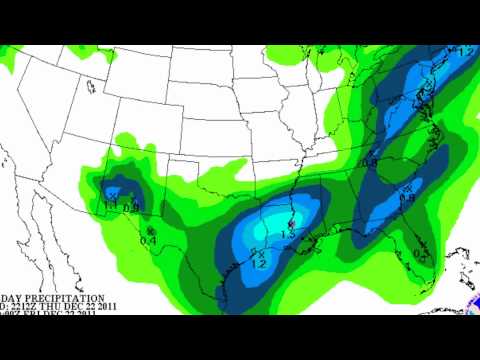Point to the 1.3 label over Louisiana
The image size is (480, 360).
coord(289,231)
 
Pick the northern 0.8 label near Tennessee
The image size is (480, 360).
coord(369,161)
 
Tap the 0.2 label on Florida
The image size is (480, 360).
coord(418,255)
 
